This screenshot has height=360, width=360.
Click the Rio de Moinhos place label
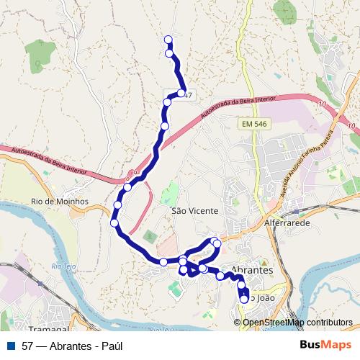click(x=59, y=201)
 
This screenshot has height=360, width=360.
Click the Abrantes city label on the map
click(x=251, y=270)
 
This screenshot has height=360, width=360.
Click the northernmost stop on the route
click(x=168, y=40)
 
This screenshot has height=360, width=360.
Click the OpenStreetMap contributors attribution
click(x=297, y=322)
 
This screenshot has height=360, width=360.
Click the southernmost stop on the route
click(x=244, y=299)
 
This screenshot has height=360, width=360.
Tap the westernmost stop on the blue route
click(x=114, y=222)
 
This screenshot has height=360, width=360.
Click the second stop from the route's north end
click(x=170, y=53)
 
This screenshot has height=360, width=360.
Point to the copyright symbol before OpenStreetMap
click(x=238, y=322)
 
